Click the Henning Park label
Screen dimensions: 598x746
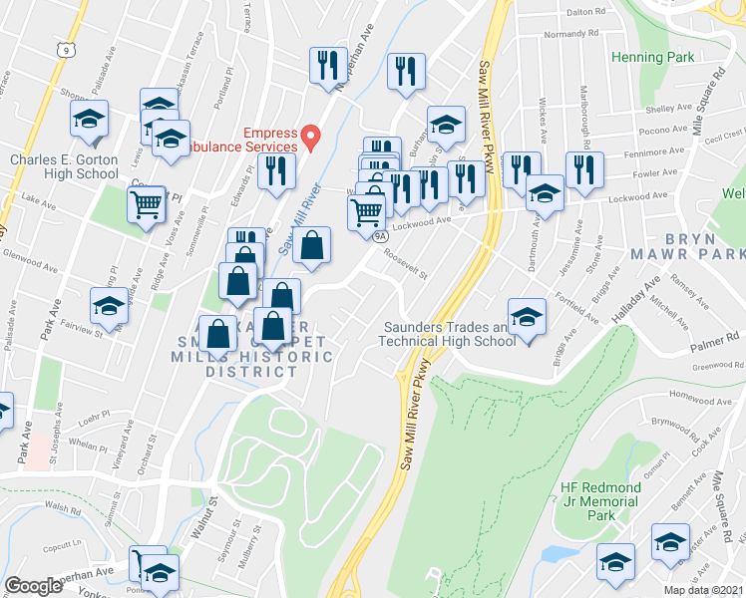[x=653, y=58]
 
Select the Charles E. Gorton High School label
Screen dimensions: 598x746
[x=64, y=166]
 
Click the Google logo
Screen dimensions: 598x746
[x=32, y=586]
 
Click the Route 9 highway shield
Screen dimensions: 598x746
[x=65, y=49]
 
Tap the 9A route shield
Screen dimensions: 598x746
[x=380, y=236]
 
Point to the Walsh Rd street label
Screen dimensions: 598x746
[x=62, y=507]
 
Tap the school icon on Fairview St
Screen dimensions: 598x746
[x=109, y=305]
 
